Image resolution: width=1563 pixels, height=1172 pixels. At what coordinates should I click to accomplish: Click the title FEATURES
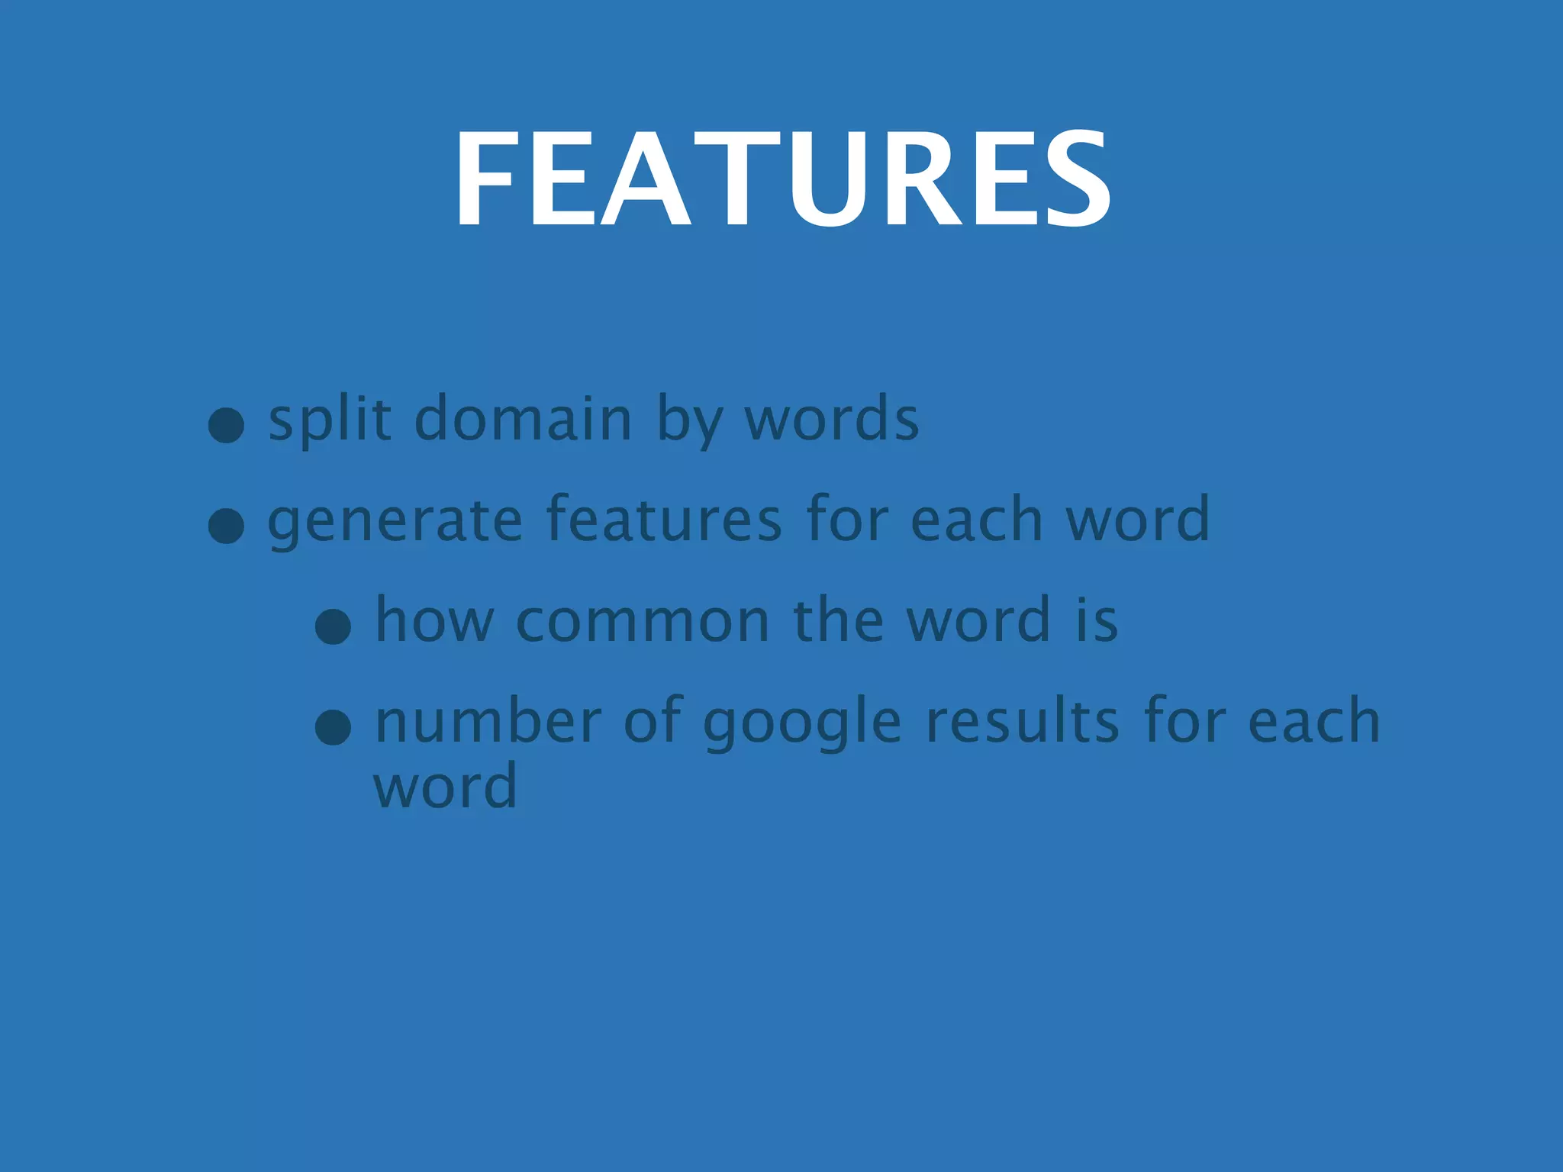782,179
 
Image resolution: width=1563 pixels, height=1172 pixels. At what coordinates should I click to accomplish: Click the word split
330,419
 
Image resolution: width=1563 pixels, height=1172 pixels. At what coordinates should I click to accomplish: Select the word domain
524,419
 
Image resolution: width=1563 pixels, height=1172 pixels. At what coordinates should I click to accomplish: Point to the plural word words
832,419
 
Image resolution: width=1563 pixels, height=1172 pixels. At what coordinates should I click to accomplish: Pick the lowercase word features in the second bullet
664,519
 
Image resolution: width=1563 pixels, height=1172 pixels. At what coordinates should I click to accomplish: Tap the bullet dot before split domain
227,425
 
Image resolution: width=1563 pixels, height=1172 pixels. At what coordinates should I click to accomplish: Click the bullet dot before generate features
227,526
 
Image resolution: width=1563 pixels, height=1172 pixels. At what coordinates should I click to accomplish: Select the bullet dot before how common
334,628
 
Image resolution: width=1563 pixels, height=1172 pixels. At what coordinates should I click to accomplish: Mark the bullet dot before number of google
334,727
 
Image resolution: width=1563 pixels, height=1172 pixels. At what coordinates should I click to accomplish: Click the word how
434,620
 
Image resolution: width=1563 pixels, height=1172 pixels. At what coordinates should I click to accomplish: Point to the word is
1097,620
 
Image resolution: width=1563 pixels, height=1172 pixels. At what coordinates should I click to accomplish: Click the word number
488,721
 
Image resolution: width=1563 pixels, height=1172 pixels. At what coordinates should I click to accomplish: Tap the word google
801,723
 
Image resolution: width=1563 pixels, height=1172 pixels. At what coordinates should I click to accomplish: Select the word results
1023,721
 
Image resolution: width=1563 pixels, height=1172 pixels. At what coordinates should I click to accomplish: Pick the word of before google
653,721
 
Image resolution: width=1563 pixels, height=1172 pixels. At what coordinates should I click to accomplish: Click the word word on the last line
446,786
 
